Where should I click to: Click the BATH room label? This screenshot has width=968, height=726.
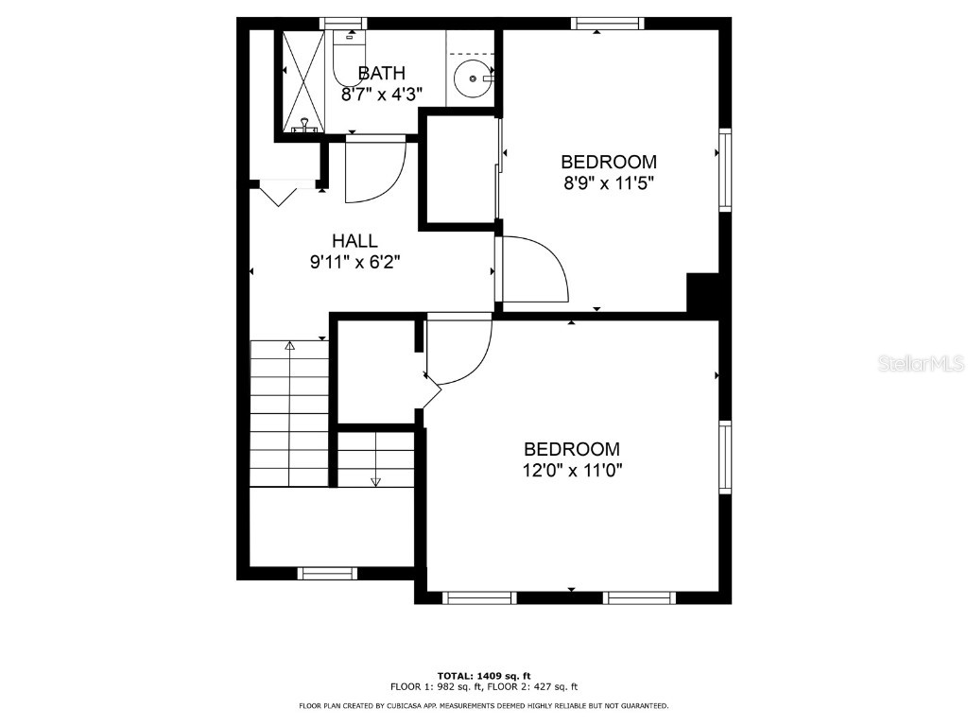point(382,73)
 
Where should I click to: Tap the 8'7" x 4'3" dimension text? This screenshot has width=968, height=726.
point(382,95)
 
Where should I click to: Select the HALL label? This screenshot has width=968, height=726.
point(354,241)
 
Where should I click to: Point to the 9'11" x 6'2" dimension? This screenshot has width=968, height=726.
point(355,263)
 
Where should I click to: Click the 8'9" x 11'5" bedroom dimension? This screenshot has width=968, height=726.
point(609,183)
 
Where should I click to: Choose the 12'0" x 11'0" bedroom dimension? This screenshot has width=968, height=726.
point(573,470)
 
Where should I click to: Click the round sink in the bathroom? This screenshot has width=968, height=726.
point(471,78)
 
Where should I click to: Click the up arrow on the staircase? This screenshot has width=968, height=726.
point(290,347)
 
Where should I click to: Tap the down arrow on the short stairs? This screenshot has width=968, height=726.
point(375,480)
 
